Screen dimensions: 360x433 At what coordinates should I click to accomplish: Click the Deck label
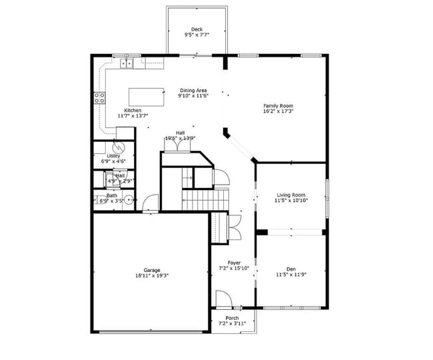tap(197, 29)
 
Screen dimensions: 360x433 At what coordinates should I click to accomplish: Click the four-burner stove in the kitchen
tap(99, 98)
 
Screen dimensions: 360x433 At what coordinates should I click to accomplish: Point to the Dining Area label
tap(193, 90)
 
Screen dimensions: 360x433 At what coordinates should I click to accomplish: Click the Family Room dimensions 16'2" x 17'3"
tap(278, 112)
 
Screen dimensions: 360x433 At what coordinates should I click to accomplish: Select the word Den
tap(290, 269)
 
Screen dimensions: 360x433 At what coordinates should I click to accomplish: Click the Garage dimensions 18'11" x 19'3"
tap(152, 275)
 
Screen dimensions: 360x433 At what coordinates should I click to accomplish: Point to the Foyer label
tap(233, 263)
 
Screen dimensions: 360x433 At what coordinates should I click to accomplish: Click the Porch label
tap(232, 318)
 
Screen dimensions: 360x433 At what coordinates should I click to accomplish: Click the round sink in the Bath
tap(128, 198)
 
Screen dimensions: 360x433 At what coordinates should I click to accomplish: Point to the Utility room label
tap(113, 156)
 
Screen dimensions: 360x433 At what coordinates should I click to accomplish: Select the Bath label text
tap(111, 195)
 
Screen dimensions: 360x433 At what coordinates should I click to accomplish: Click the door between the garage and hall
tap(151, 203)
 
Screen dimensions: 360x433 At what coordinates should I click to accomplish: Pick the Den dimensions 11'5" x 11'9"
tap(290, 275)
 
